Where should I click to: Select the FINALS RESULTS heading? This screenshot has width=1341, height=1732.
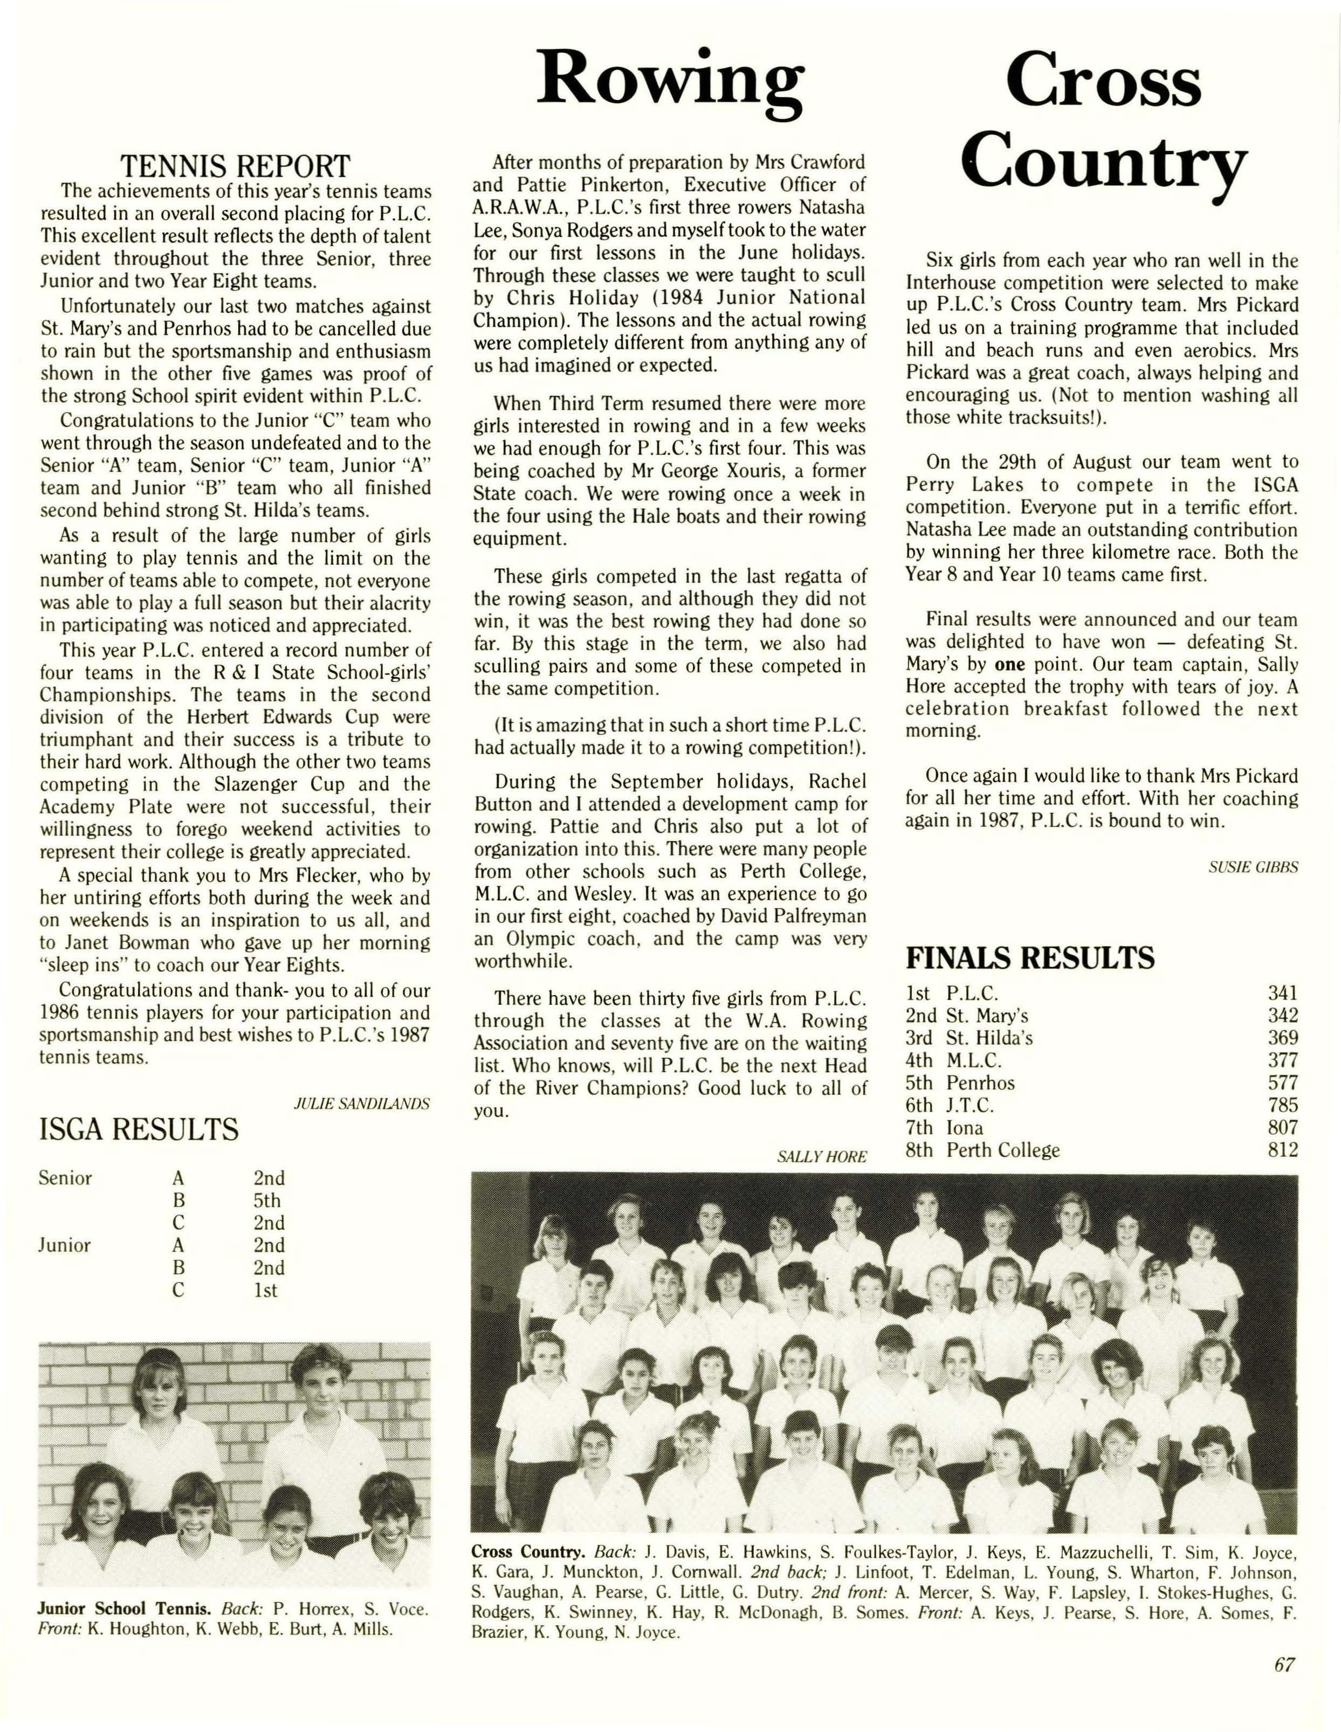[1030, 958]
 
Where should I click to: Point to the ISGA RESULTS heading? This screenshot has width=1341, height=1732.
[139, 1128]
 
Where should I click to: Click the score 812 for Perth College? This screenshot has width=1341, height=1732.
[1282, 1149]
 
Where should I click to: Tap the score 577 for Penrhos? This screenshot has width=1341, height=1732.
[1282, 1082]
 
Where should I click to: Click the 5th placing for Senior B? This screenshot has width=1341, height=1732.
[267, 1200]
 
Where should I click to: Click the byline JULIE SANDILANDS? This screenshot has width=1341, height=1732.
[362, 1103]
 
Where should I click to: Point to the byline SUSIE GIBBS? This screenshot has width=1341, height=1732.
[1253, 867]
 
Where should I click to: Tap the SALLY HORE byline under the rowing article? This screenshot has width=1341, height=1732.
[822, 1156]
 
